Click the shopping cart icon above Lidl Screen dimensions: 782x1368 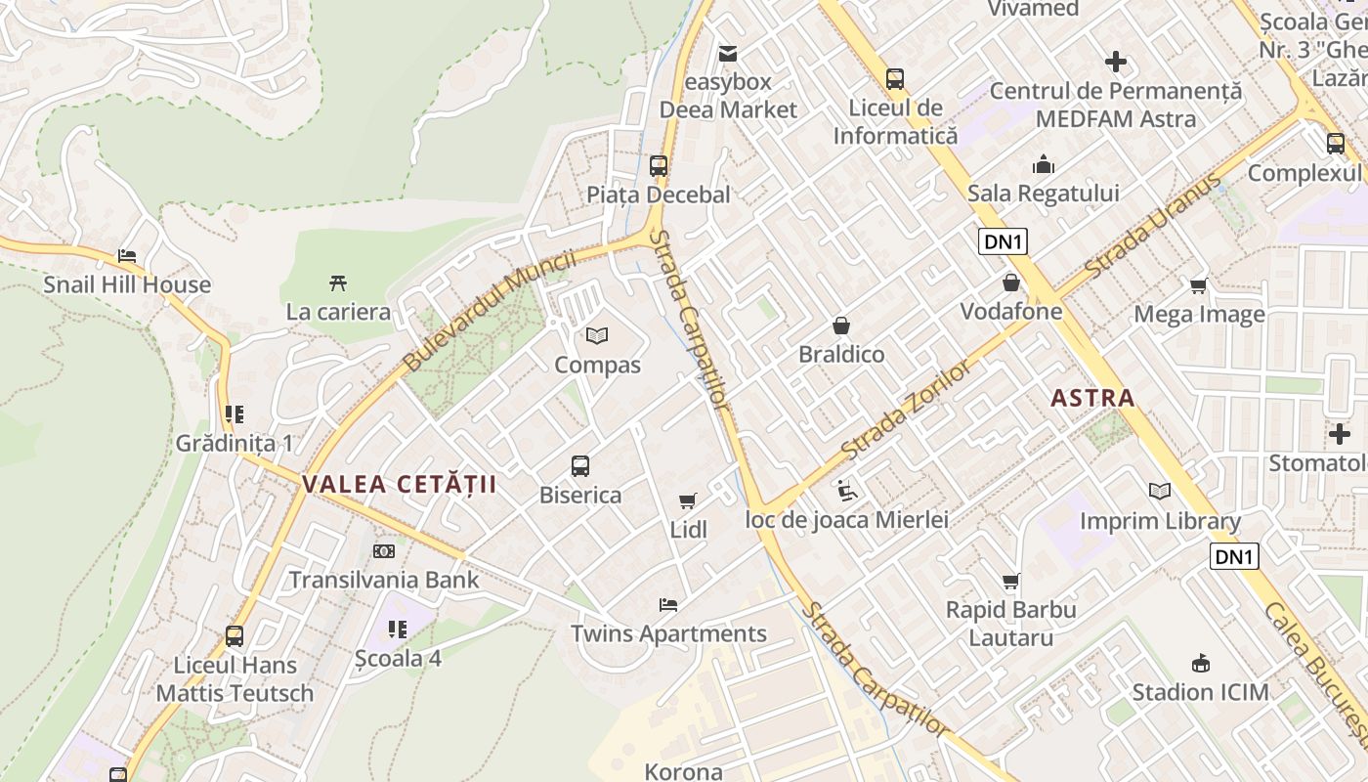688,500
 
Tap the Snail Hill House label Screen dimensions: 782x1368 127,284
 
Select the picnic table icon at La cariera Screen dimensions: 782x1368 338,283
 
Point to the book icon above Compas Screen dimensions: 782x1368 597,335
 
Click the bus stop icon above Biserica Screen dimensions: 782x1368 580,465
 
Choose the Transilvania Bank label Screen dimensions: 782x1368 384,580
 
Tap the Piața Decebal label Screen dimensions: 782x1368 659,195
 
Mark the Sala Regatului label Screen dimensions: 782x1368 1044,193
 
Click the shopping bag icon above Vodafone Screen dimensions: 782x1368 1010,282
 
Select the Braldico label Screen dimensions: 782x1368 841,354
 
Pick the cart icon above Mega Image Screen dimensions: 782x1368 1199,285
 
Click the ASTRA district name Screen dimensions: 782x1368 1093,398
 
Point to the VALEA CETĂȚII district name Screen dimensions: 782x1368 400,484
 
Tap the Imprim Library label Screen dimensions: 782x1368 1160,521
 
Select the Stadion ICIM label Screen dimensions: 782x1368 1200,692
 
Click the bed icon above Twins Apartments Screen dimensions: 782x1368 668,604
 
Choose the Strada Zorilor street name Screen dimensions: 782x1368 907,411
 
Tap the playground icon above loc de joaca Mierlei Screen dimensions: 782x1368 847,490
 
